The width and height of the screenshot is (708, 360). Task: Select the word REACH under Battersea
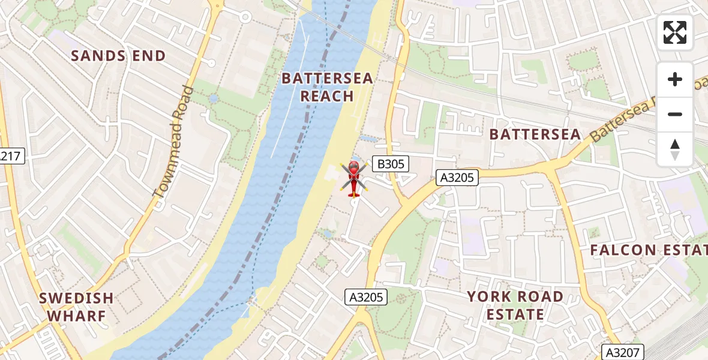coord(327,96)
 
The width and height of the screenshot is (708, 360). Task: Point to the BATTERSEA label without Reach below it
coord(535,134)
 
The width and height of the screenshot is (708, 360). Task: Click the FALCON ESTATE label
coord(648,250)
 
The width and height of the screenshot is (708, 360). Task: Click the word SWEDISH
coord(76,298)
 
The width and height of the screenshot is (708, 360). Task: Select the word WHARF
coord(76,316)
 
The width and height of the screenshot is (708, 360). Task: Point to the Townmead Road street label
coord(173,142)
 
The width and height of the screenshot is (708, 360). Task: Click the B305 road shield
coord(390,163)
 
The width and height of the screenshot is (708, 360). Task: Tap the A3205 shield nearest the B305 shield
coord(457,177)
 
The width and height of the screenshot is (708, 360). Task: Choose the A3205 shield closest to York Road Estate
coord(367,296)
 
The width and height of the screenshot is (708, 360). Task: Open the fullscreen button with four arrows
coord(675,32)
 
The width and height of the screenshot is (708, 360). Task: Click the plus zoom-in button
coord(675,79)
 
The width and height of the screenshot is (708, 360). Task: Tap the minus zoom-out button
coord(675,114)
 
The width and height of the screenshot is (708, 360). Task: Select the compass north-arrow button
coord(675,149)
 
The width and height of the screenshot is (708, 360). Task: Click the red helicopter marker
coord(353,178)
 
